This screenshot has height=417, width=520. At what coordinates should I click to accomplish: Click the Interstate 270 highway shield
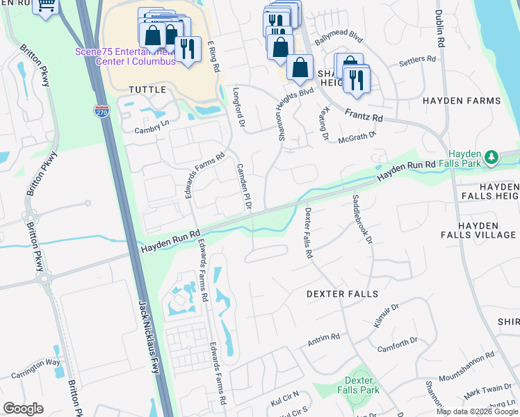click(x=102, y=111)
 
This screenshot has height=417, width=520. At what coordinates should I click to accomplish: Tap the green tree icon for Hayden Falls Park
click(x=492, y=158)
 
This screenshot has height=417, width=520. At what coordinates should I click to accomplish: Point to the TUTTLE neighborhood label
click(x=147, y=90)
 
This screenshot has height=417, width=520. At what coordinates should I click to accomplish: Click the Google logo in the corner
click(x=23, y=409)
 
